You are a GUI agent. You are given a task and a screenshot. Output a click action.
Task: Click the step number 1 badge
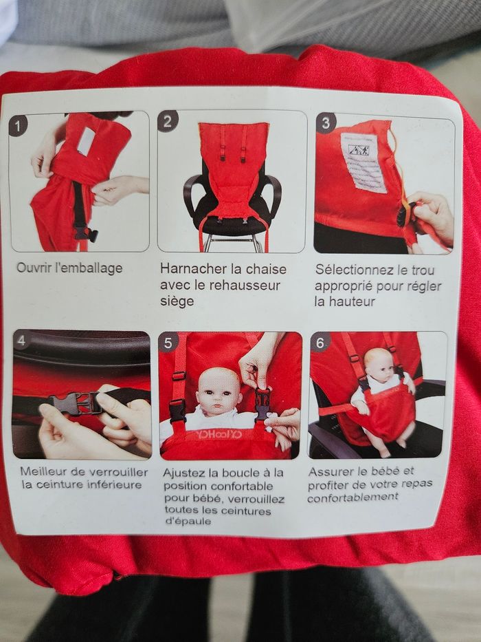18,126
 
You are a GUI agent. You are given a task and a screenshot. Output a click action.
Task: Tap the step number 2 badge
168,121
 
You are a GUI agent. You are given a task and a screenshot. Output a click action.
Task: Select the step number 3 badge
326,123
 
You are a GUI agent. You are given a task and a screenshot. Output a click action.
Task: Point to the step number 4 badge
21,341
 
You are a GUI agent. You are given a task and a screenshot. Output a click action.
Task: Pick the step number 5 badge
168,343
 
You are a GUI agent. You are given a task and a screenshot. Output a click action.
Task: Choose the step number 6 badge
320,342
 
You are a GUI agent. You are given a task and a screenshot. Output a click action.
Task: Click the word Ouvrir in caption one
32,268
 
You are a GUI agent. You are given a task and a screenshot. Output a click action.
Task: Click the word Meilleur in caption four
44,471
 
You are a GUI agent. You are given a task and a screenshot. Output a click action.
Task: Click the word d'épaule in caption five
188,521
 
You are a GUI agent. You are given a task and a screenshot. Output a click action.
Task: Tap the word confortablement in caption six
353,497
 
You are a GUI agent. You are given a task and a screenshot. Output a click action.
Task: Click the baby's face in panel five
218,392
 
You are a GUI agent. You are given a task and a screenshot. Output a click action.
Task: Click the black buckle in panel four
76,403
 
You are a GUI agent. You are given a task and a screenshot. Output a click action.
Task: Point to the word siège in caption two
177,301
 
